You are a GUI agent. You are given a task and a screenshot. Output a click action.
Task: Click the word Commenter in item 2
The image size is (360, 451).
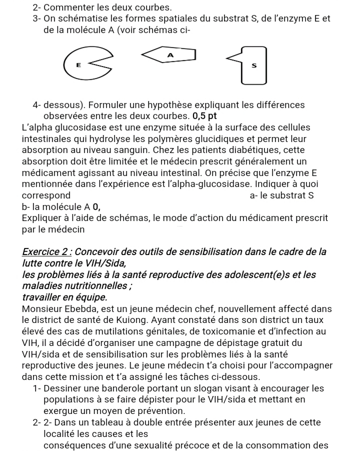[x=70, y=7]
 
